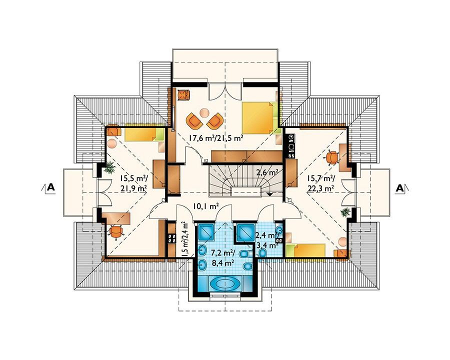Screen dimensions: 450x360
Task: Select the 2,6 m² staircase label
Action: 267,172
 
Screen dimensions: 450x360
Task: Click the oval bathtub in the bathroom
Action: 224,284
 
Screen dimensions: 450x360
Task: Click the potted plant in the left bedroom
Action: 109,167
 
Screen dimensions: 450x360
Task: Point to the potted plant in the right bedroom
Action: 345,212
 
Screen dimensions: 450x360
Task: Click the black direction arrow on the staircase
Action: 269,194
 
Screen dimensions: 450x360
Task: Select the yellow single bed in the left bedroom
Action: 144,134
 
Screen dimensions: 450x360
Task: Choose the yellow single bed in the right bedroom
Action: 306,250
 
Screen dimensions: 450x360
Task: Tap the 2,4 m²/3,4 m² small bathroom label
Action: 267,240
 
